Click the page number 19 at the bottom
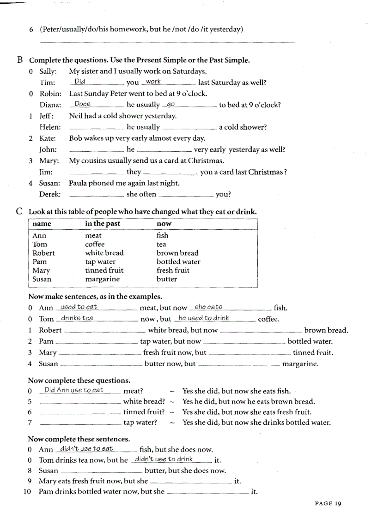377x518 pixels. [337, 503]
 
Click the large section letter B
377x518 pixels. [20, 60]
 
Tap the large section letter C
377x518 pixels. [19, 211]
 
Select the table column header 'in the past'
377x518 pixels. [102, 224]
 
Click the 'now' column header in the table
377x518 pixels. [164, 224]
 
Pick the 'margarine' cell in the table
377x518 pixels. [102, 279]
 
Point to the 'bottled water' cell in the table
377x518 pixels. [178, 262]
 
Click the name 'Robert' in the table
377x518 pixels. [43, 253]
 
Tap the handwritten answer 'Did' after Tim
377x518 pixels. [79, 82]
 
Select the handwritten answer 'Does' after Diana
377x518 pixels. [82, 104]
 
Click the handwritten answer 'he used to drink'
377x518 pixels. [203, 318]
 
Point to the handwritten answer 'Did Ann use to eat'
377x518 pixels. [73, 390]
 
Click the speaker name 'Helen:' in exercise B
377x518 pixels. [49, 127]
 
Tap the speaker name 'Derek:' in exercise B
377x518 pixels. [50, 194]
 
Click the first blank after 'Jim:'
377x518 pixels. [97, 173]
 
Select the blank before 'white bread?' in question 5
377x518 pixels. [80, 402]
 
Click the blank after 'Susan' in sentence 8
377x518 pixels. [101, 471]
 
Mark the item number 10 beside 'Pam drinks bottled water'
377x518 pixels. [27, 492]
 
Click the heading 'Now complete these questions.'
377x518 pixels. [79, 381]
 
